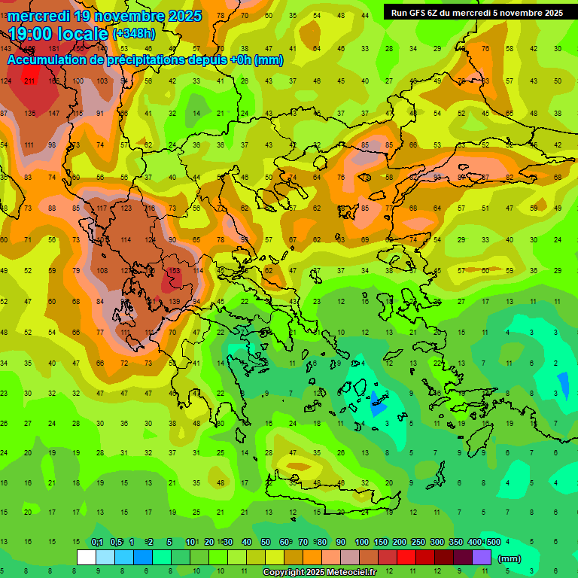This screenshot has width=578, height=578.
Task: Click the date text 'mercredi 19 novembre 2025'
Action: coord(105,16)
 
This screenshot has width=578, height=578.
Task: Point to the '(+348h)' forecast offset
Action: coord(135,33)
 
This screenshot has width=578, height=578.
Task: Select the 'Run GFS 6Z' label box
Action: coord(476,13)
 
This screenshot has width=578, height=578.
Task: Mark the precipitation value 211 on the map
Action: coord(30,81)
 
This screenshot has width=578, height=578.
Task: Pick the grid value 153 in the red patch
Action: coord(174,271)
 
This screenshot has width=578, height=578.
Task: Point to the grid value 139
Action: coord(174,302)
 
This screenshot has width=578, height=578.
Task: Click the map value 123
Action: coord(126,208)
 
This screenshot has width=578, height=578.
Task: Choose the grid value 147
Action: coord(53,114)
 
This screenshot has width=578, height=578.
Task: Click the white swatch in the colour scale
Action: coord(87,558)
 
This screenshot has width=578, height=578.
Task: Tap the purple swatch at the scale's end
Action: coord(482,558)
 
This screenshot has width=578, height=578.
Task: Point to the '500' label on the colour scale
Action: coord(494,543)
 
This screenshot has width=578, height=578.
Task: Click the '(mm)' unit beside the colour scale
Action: coord(510,559)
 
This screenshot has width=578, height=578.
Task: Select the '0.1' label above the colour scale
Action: coord(97,543)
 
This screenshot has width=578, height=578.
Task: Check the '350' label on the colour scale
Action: coord(456,543)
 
